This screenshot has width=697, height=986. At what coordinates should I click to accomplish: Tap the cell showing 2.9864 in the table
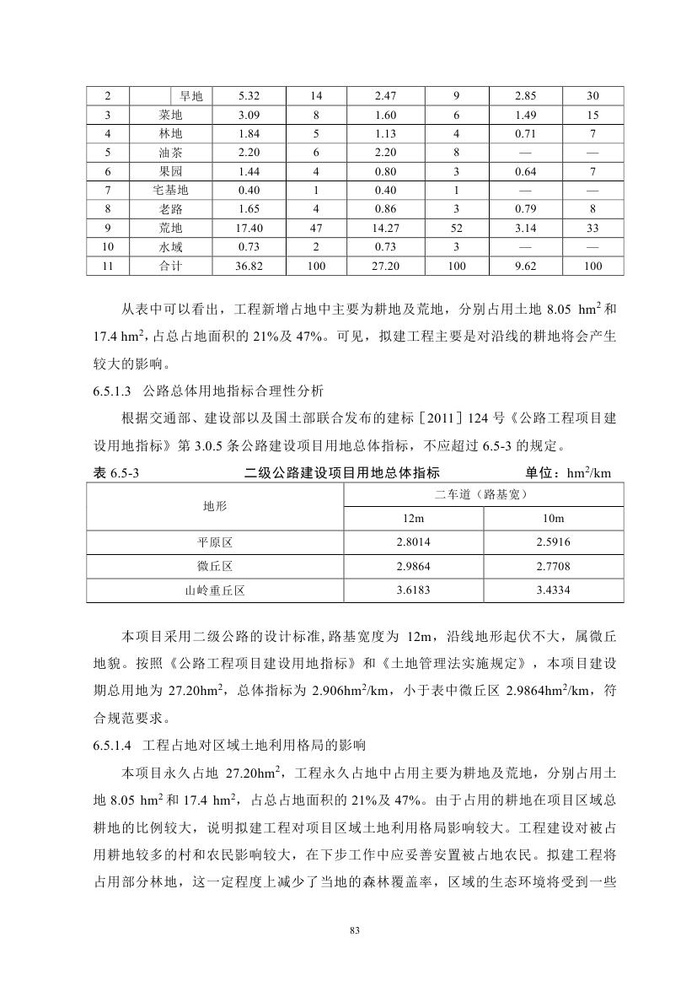coord(413,566)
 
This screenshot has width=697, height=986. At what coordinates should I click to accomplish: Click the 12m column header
coord(413,518)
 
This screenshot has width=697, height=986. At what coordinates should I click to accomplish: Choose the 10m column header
coord(553,518)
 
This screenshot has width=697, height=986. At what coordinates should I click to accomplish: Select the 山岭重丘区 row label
coord(215,590)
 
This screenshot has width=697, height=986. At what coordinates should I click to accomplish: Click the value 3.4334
coord(553,590)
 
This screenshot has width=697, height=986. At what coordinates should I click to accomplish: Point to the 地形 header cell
coord(215,506)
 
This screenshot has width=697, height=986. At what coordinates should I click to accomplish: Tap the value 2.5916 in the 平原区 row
coord(553,542)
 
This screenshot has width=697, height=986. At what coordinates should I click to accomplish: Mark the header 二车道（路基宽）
coord(483,493)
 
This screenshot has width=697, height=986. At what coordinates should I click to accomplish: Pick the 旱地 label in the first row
coord(191,96)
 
